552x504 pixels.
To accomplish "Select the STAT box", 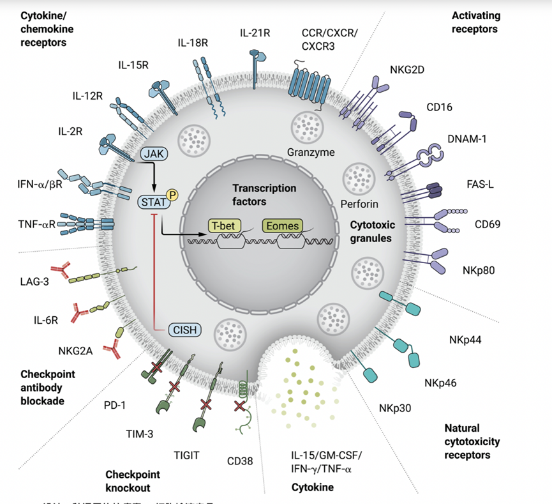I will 152,202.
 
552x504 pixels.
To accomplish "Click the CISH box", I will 186,330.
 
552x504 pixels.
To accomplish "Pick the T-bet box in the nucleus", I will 226,225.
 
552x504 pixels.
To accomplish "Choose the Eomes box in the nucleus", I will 281,225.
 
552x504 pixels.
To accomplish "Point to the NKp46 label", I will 440,383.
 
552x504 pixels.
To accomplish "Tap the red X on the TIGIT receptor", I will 206,404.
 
